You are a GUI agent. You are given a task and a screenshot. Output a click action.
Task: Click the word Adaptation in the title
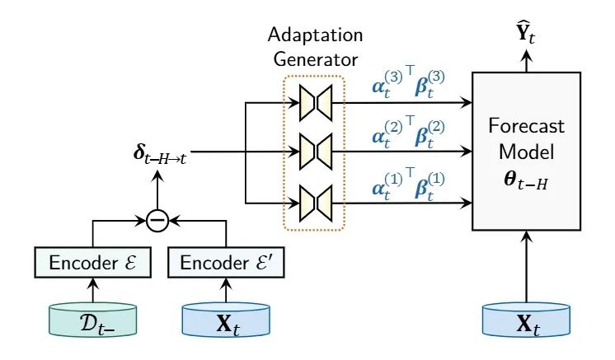pos(313,37)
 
